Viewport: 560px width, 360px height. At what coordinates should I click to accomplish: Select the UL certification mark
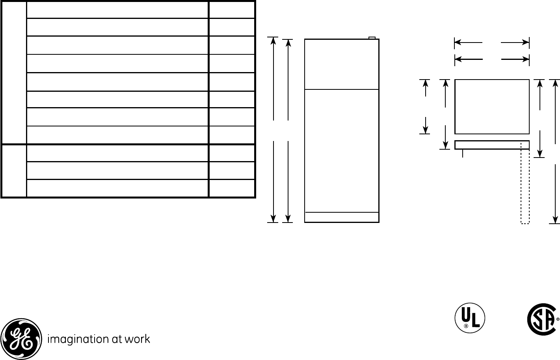(470, 318)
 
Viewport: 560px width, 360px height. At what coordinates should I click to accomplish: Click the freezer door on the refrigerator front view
(342, 64)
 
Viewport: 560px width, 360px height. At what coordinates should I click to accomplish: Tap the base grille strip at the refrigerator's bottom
(342, 217)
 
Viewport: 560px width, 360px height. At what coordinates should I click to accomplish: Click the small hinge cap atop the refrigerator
(372, 38)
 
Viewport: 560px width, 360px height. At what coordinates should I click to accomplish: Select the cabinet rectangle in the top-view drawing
(492, 106)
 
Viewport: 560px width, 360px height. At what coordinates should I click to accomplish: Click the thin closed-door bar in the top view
(492, 145)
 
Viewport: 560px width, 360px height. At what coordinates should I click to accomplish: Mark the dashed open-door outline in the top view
(525, 185)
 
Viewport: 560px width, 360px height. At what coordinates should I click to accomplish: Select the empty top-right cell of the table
(232, 9)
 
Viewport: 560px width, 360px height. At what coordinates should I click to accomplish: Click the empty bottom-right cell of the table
(232, 188)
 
